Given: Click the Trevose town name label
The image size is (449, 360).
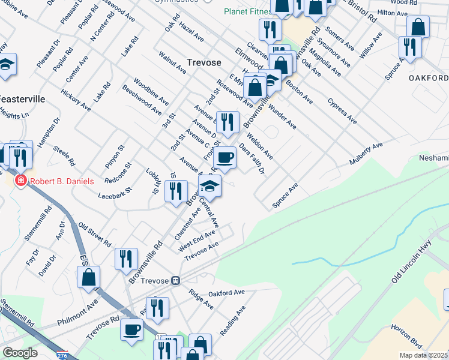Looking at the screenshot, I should pos(203,62).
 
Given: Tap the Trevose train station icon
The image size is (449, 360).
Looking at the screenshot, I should pos(176,280).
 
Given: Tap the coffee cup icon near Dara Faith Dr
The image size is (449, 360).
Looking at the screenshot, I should pos(225,158).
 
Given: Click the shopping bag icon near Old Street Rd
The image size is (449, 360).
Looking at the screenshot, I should pos(89,277).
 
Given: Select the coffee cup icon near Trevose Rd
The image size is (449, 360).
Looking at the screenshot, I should pos(132,329).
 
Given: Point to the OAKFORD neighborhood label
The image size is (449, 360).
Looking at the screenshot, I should pos(429,79).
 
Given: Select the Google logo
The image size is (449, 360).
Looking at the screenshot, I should pos(20,353).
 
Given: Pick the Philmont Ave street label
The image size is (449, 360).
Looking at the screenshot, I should pos(77,314).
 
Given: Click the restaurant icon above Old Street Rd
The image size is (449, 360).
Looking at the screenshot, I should pos(126,259).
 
